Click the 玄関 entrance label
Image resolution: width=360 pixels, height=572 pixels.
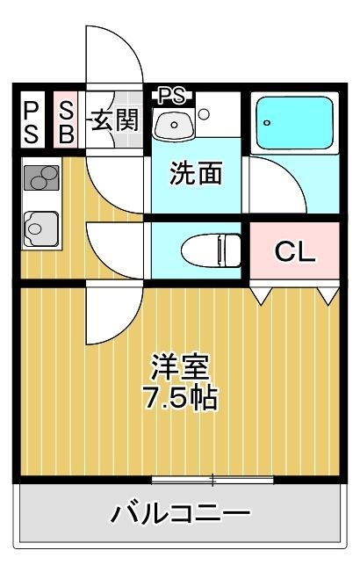coord(114,119)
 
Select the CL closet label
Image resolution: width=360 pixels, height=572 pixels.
coord(295,251)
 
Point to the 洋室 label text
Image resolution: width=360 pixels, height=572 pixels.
coord(181,366)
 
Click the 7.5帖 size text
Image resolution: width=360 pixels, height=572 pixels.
coord(181,398)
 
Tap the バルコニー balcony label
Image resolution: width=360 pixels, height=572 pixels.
coord(180,513)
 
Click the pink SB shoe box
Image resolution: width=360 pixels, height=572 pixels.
coord(66,119)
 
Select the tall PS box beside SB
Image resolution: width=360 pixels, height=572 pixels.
coord(32,119)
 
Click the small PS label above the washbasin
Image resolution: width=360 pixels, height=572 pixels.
coord(172,96)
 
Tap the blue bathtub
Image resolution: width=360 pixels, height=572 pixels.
coord(295,123)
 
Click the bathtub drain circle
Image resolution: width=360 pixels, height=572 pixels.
coord(268,123)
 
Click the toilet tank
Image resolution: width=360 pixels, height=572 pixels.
coord(229,250)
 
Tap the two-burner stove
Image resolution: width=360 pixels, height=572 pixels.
coord(41,177)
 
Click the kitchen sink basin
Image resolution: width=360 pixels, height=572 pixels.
coord(40,229)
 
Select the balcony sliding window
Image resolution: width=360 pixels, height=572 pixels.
coord(212,480)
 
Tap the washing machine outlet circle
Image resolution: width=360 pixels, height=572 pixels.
coord(204,114)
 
